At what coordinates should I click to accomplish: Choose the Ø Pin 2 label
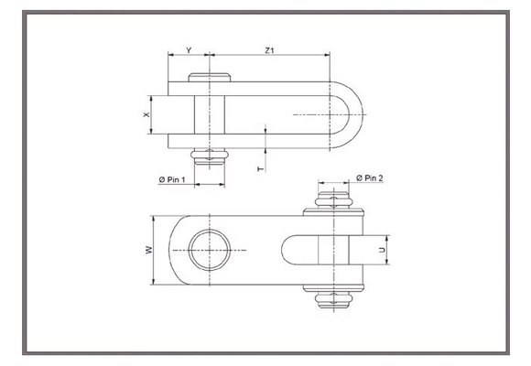point(368,177)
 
